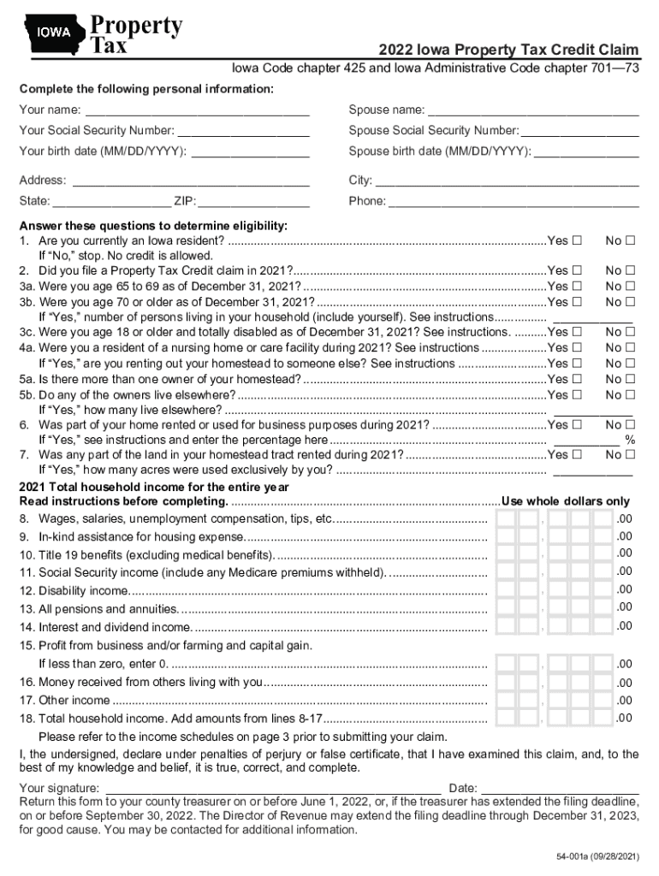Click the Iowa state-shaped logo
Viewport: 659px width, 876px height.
(53, 34)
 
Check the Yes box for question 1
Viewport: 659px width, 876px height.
(578, 240)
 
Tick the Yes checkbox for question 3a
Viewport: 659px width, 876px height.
(578, 286)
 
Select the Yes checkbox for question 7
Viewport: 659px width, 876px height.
(578, 455)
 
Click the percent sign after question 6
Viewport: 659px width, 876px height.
(630, 440)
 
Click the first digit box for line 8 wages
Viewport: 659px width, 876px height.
(506, 519)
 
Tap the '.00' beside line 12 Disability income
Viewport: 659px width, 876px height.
(625, 589)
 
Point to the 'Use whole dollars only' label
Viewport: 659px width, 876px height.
(566, 501)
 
